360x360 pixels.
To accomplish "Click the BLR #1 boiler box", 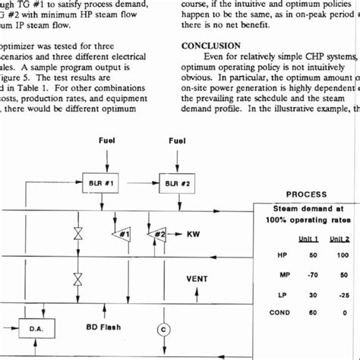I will click(104, 183).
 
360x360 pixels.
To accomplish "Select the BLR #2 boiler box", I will click(175, 183).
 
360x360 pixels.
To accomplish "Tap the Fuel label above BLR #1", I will click(107, 141).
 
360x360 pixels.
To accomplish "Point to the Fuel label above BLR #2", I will click(177, 141).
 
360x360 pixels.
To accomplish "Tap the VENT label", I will click(197, 278).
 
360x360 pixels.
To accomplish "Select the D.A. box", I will click(36, 329).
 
